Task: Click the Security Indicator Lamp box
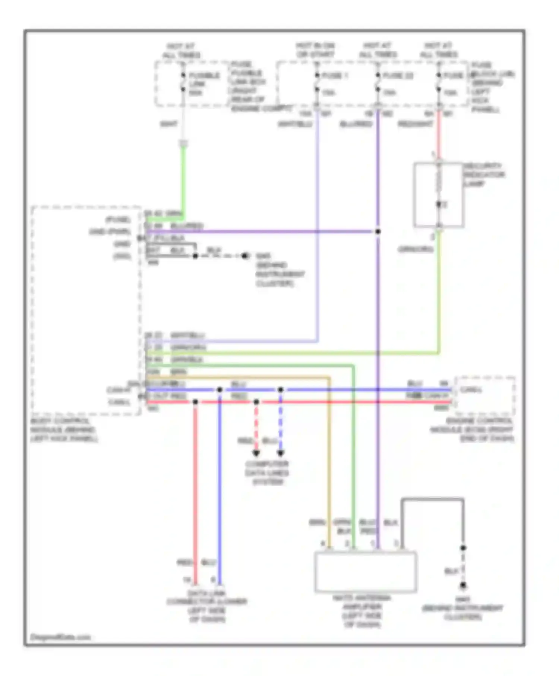click(x=439, y=195)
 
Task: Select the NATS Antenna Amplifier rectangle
click(x=365, y=572)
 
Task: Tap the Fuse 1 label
click(x=334, y=76)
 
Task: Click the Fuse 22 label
click(x=398, y=76)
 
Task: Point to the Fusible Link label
click(x=203, y=83)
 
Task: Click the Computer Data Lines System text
click(x=267, y=473)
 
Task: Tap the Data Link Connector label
click(x=207, y=606)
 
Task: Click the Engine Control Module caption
click(x=473, y=430)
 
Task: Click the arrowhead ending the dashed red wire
click(x=256, y=453)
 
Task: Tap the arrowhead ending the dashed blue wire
click(x=281, y=453)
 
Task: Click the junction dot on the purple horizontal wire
click(x=378, y=231)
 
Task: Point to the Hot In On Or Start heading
click(x=315, y=50)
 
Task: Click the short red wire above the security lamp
click(x=439, y=134)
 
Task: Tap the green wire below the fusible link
click(x=183, y=179)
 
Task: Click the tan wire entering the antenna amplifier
click(x=329, y=466)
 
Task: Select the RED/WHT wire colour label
click(x=415, y=124)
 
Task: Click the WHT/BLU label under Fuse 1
click(x=295, y=124)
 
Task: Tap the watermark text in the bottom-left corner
click(x=60, y=637)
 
